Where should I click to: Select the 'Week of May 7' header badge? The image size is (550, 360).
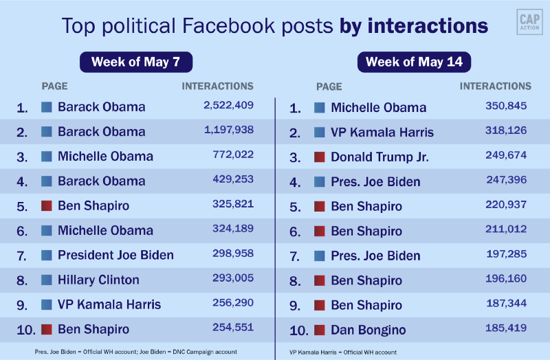[136, 62]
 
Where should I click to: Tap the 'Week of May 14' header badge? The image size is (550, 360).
[415, 62]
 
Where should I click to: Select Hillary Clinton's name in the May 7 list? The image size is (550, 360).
[98, 280]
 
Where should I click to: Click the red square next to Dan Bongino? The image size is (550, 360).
[320, 329]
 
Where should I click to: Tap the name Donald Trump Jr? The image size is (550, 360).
[379, 157]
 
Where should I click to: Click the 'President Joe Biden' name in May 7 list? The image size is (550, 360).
[115, 255]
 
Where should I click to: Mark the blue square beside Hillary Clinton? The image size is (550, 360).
[47, 280]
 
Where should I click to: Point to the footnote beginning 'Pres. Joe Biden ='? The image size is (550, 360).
[135, 352]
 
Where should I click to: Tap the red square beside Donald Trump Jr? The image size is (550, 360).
[320, 157]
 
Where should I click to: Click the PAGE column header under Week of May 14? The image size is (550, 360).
[329, 87]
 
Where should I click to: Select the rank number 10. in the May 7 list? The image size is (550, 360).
[25, 330]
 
